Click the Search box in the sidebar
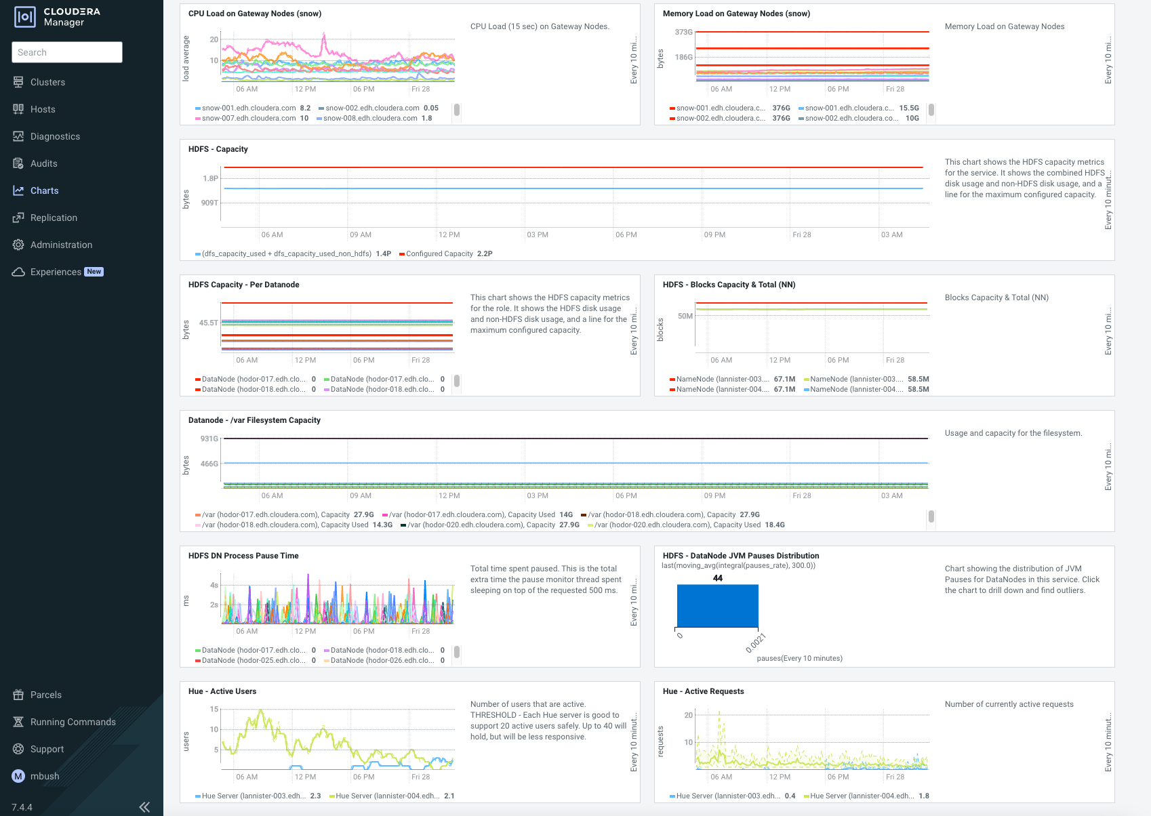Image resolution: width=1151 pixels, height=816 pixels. coord(66,52)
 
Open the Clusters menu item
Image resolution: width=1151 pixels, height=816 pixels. coord(47,82)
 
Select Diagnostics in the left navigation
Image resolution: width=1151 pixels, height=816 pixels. coord(55,136)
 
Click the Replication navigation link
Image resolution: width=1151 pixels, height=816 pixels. coord(54,218)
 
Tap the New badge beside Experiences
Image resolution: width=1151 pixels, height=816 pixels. coord(94,272)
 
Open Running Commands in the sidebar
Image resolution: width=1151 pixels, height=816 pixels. coord(73,722)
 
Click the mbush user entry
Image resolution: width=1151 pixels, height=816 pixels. coord(44,776)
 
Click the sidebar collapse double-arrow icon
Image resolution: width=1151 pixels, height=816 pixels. coord(144,807)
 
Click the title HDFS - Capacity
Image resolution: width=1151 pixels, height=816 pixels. coord(218,149)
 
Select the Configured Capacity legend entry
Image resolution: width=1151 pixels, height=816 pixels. coord(439,253)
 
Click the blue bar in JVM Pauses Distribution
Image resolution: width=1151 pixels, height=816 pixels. coord(717,605)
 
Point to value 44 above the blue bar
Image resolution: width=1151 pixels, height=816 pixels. coord(718,578)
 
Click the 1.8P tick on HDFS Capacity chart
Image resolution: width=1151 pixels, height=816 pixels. coord(210,178)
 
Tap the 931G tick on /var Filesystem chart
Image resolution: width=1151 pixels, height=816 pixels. coord(209,438)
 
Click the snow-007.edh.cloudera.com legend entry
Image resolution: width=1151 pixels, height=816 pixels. coord(248,118)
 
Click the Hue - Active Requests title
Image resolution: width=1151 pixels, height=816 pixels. coord(703,691)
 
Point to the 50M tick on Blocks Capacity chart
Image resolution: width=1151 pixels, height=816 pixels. coord(685,316)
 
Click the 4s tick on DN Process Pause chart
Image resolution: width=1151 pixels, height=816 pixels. coord(214,585)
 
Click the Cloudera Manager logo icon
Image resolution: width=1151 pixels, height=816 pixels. coord(25,17)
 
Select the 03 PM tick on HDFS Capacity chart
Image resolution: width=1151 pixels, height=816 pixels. coord(537,234)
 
